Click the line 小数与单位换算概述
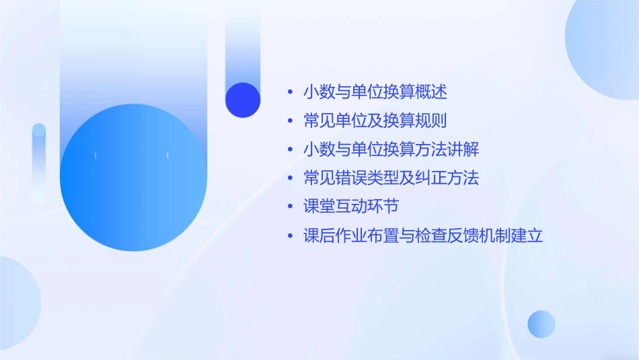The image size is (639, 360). point(375,92)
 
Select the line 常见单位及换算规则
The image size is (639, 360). point(375,120)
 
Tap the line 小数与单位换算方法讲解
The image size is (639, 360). point(391,149)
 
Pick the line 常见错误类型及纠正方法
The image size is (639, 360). point(391,178)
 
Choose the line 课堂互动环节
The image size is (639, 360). point(351,207)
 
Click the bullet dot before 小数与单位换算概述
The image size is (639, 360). point(290,92)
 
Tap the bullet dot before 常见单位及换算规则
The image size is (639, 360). point(290,121)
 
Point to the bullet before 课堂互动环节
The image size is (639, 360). point(290,207)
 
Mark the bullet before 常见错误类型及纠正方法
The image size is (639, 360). point(290,179)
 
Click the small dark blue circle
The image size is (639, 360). point(243,100)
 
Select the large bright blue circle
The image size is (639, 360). point(133,178)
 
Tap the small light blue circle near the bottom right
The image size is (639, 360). point(541,324)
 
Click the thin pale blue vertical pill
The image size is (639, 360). point(39,161)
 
